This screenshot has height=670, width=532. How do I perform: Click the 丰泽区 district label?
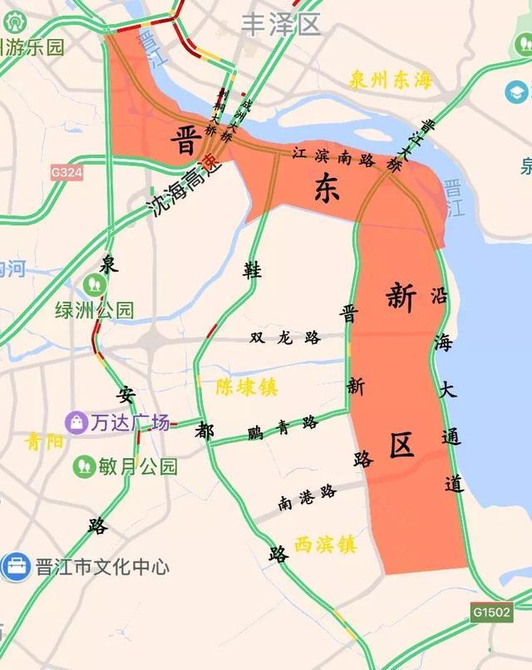(280, 24)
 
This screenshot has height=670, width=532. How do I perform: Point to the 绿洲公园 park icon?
(91, 283)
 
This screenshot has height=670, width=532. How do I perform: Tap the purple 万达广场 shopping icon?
(76, 422)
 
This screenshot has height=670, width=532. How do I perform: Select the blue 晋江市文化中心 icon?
(16, 567)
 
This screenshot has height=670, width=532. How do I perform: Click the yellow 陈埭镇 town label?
(247, 387)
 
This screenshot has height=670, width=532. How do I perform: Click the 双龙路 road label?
(285, 337)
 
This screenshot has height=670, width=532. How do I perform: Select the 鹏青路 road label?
(283, 427)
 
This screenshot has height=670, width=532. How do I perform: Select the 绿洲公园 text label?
(94, 311)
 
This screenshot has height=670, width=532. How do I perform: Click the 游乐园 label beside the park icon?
(35, 47)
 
